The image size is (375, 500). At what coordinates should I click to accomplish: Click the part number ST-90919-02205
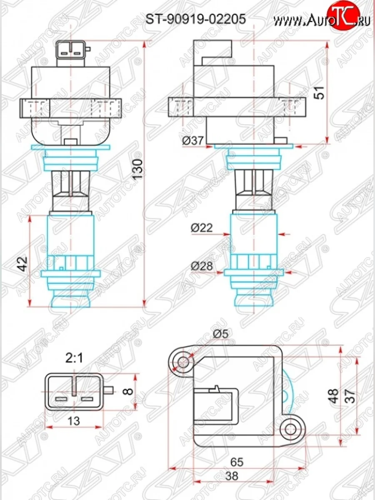(195, 19)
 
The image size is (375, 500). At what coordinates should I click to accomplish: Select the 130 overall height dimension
(139, 169)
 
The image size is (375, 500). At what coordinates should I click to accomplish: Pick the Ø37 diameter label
(192, 141)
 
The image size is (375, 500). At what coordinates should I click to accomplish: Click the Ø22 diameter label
(202, 228)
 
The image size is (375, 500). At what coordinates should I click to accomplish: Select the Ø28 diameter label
(202, 265)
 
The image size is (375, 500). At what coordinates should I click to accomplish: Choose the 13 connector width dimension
(73, 421)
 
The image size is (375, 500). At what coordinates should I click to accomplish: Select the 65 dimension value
(237, 462)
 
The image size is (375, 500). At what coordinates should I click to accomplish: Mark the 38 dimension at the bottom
(237, 475)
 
